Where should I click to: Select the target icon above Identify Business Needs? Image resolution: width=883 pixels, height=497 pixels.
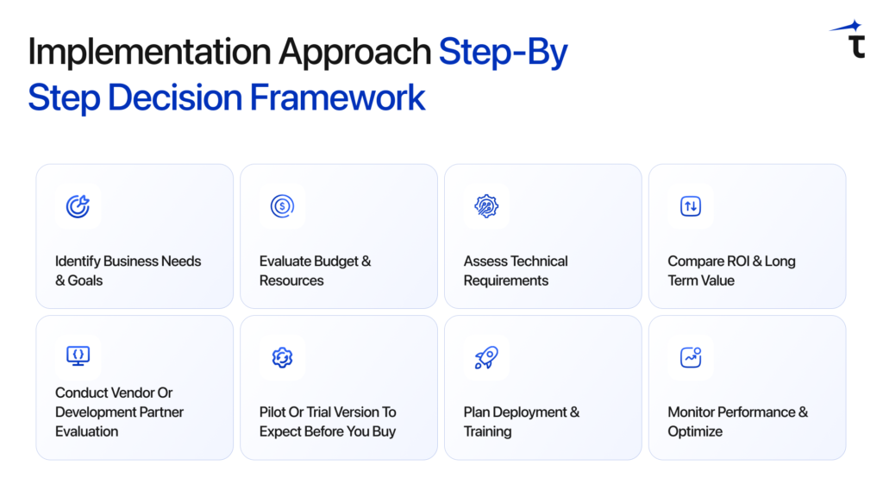coord(78,206)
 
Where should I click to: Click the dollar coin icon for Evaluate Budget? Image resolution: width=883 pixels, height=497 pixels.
coord(282,206)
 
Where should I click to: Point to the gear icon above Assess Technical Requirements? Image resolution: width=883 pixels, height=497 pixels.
coord(486,206)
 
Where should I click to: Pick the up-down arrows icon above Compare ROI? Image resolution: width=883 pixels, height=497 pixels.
coord(690,206)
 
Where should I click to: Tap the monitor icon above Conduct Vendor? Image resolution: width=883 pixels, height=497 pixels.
coord(78,356)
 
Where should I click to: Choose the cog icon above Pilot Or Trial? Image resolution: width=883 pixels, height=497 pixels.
coord(282,357)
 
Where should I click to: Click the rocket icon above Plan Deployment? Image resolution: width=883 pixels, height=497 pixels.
coord(486,357)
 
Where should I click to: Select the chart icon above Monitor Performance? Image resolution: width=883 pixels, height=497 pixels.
coord(690,357)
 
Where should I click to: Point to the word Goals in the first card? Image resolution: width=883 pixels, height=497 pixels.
coord(85,280)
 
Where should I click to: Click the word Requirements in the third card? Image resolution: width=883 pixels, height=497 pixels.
coord(506,280)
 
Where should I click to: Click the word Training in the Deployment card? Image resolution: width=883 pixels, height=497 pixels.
coord(488,431)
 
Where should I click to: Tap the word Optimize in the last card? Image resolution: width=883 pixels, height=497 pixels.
coord(695,431)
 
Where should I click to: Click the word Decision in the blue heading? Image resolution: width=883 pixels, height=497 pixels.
coord(176,97)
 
